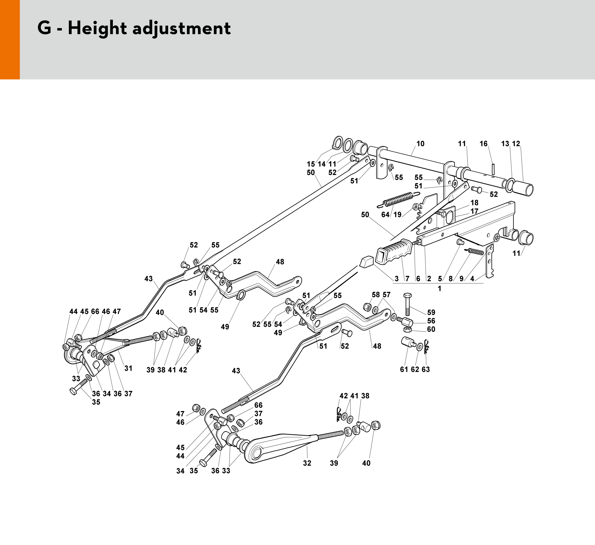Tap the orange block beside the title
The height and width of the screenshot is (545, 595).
(x=10, y=39)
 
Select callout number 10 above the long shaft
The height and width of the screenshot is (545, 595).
(x=420, y=144)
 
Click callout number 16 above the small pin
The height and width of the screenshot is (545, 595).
(x=484, y=144)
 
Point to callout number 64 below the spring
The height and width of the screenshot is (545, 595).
(x=385, y=215)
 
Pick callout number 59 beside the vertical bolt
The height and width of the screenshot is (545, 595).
(x=431, y=312)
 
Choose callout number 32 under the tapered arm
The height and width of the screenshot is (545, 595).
(x=307, y=463)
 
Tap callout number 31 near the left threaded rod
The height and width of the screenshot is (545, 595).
(x=128, y=368)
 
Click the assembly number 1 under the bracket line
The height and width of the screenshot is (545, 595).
(x=439, y=289)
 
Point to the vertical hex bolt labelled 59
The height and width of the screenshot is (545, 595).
(x=408, y=304)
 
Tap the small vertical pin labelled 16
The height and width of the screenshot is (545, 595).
(x=493, y=169)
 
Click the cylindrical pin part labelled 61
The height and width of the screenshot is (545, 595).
(x=408, y=343)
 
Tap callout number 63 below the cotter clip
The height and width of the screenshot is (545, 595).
(x=426, y=369)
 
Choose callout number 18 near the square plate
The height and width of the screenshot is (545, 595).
(x=474, y=203)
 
